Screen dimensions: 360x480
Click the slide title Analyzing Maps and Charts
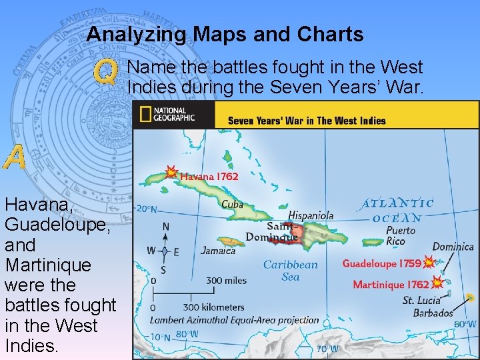(x=225, y=34)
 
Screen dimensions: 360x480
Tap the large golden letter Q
(x=105, y=72)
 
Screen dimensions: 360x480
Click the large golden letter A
(x=14, y=158)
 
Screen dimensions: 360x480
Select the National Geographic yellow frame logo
(x=144, y=115)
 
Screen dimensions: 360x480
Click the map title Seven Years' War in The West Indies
(x=307, y=121)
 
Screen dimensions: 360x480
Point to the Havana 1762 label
(x=209, y=177)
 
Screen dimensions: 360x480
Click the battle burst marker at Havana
(x=171, y=173)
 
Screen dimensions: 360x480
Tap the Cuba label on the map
(x=232, y=205)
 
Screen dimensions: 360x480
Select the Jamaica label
(x=218, y=251)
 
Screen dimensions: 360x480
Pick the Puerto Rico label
(x=400, y=235)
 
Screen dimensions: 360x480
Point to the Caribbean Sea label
(x=291, y=271)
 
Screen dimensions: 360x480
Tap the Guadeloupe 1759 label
(x=381, y=263)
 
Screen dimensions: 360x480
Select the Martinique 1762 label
(x=391, y=285)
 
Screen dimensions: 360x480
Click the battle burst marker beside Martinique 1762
(x=437, y=283)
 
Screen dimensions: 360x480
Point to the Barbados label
(x=433, y=313)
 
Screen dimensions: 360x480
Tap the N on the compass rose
(x=165, y=227)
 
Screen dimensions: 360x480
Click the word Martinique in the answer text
(x=47, y=265)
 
